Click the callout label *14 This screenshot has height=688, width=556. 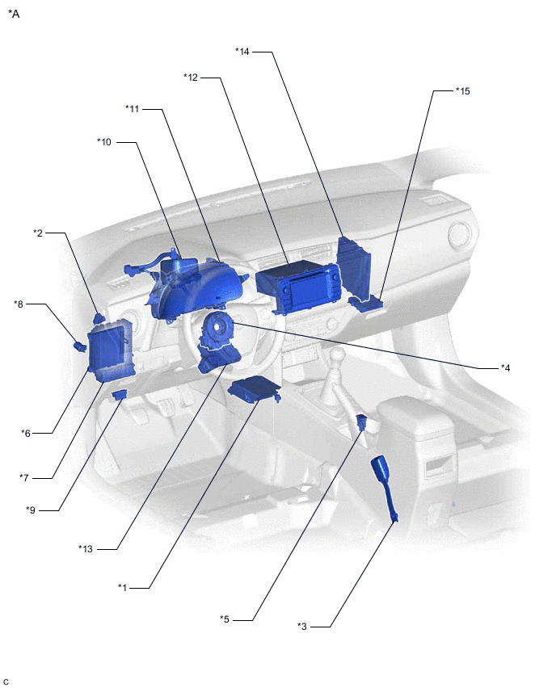242,52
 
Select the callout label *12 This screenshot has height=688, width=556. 190,78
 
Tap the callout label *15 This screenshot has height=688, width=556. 462,91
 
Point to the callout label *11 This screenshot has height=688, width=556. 133,109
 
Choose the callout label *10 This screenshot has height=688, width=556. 104,142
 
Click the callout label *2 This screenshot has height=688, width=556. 38,233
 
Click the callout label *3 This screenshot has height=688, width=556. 302,626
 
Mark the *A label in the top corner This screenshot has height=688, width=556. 14,14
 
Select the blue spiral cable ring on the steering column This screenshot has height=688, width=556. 217,331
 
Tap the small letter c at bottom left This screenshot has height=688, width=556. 6,682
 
